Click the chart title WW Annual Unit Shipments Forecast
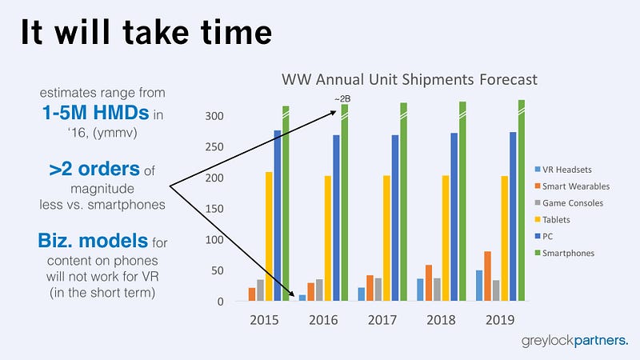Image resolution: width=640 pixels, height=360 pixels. (410, 79)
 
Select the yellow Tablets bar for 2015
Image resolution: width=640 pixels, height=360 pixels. (269, 236)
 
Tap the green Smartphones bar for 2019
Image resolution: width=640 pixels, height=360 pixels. (522, 201)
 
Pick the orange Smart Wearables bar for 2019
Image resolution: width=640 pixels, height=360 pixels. (487, 276)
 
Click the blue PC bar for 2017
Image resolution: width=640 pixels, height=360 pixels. (395, 218)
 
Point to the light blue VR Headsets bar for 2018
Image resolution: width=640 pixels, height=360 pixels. (420, 290)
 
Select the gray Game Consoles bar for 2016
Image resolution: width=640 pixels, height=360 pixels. (319, 290)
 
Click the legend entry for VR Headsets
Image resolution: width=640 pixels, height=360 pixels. (563, 170)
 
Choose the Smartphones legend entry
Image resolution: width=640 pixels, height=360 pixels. (565, 253)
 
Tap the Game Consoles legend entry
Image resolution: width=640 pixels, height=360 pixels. (569, 203)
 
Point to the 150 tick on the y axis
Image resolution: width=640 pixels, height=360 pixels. (214, 209)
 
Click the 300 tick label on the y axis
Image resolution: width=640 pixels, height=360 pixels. (214, 116)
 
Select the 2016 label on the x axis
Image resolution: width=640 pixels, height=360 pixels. (323, 319)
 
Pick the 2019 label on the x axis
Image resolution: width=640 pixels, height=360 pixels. (500, 319)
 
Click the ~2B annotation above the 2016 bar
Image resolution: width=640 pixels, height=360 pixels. (342, 98)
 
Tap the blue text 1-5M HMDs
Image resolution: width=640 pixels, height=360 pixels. (95, 113)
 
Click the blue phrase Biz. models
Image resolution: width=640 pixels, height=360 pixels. (93, 241)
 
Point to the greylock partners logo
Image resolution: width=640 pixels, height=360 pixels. (574, 341)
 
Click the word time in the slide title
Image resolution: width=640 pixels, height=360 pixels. (236, 32)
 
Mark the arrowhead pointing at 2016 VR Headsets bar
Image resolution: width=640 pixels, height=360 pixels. (291, 293)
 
